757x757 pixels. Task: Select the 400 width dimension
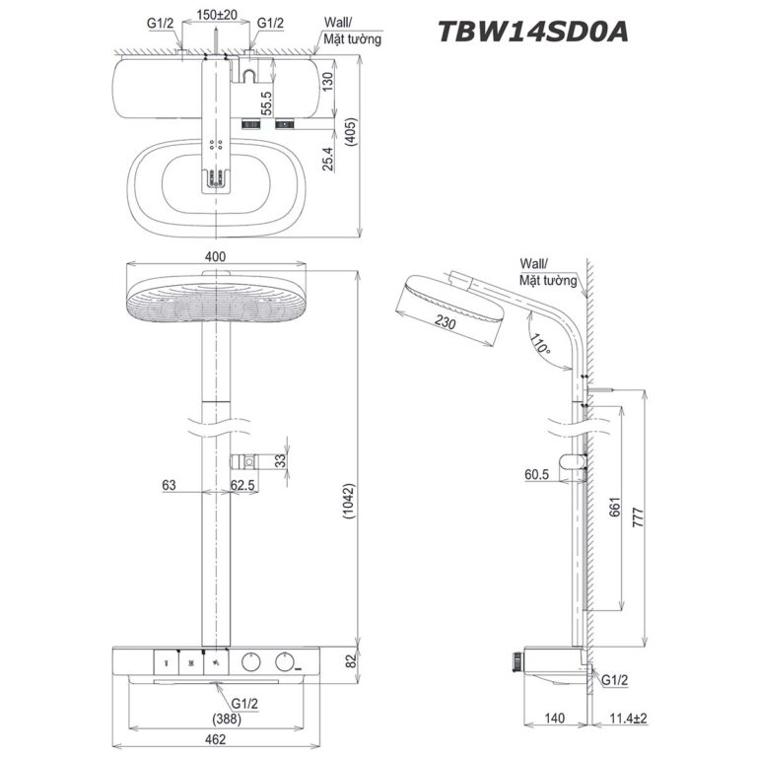[x=213, y=256]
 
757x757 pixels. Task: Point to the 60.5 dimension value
[x=536, y=474]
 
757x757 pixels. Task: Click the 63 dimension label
[x=172, y=484]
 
